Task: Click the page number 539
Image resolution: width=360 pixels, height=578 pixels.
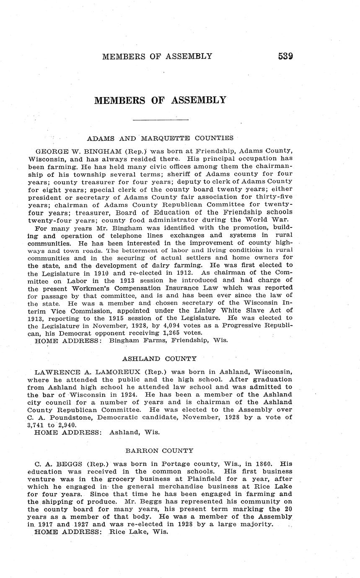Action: click(285, 56)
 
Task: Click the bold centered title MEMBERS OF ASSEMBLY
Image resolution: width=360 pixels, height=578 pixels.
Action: click(160, 101)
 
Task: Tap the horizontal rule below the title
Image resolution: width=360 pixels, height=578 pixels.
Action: click(161, 120)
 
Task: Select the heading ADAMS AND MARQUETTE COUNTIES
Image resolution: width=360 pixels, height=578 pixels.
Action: click(160, 138)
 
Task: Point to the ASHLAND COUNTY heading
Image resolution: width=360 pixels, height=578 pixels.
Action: click(159, 359)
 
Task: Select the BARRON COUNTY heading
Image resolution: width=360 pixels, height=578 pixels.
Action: click(159, 451)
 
